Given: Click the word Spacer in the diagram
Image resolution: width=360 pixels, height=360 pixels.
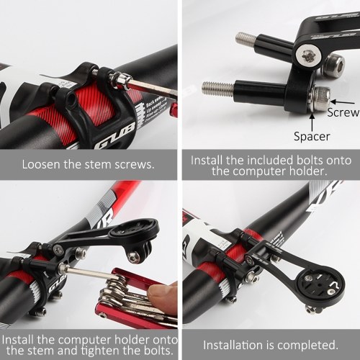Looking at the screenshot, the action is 312,137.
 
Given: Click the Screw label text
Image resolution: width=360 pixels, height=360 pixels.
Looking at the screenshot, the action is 343,112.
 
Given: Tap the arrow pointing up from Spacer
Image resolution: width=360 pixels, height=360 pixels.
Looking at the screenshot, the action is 312,122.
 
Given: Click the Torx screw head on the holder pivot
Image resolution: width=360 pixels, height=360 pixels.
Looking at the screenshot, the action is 307,56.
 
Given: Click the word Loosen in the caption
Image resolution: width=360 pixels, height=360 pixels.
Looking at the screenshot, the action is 41,165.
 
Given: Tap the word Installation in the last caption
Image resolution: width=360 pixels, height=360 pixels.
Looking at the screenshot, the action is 233,345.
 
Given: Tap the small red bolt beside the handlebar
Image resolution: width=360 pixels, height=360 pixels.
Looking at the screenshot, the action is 174,110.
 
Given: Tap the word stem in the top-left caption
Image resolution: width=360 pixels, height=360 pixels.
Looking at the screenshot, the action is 100,165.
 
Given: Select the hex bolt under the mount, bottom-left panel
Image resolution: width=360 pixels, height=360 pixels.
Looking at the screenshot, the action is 132,258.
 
